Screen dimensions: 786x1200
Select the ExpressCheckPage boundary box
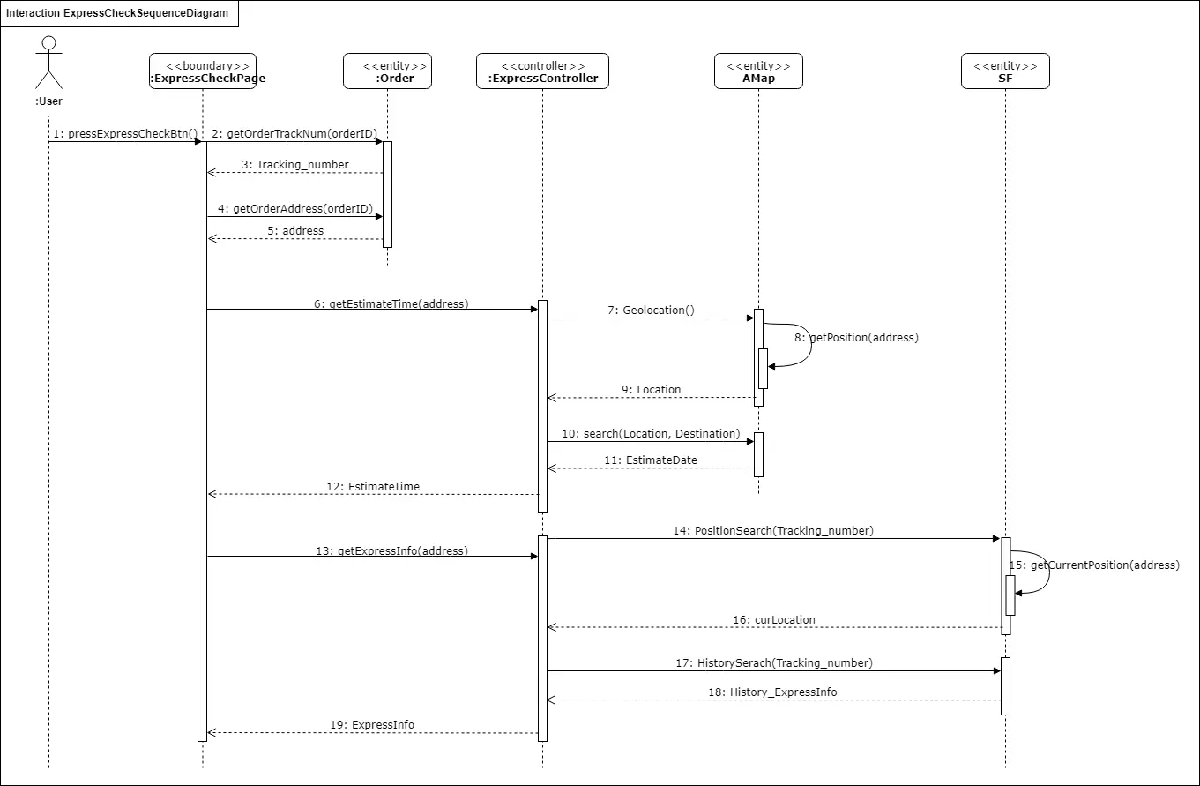(x=203, y=71)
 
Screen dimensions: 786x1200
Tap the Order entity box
(x=387, y=71)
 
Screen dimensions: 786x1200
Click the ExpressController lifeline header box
(x=542, y=71)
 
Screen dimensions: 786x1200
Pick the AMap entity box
(x=758, y=71)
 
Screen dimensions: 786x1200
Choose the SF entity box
(x=1005, y=71)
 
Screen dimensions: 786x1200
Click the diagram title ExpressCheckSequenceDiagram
(x=117, y=14)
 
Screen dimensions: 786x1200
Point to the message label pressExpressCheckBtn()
(x=124, y=134)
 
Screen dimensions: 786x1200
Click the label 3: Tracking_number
(x=295, y=165)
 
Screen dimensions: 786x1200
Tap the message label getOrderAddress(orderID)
(x=295, y=209)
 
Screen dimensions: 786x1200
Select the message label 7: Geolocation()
(x=651, y=311)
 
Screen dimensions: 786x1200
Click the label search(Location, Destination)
(x=651, y=434)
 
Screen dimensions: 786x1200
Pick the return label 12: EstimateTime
(x=373, y=487)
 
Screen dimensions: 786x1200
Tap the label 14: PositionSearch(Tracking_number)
(x=773, y=531)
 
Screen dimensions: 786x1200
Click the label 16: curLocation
(x=773, y=620)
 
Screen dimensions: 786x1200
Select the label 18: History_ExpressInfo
(x=773, y=692)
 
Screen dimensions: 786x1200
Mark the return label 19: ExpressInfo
(x=372, y=725)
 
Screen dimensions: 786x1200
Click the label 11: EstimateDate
(x=651, y=460)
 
